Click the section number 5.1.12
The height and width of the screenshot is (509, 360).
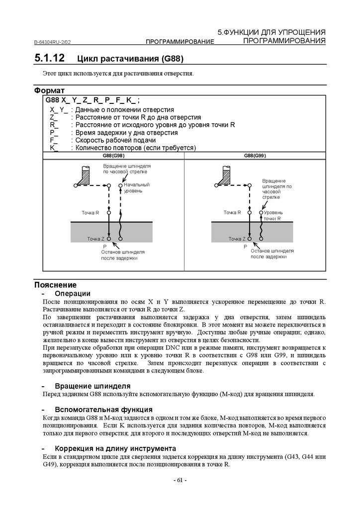pyautogui.click(x=49, y=58)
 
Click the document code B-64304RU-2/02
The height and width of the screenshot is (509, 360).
pyautogui.click(x=56, y=42)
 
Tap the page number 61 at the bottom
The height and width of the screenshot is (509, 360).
pyautogui.click(x=180, y=480)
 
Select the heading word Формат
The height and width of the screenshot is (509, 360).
pyautogui.click(x=49, y=91)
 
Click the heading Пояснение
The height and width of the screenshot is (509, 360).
pyautogui.click(x=55, y=285)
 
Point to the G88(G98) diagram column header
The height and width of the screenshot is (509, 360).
pyautogui.click(x=113, y=156)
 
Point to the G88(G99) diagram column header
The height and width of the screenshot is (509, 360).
pyautogui.click(x=255, y=156)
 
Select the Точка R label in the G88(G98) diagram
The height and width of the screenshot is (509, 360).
pyautogui.click(x=90, y=212)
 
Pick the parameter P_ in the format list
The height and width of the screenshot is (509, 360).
pyautogui.click(x=54, y=133)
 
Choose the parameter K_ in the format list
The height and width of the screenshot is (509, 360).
pyautogui.click(x=54, y=148)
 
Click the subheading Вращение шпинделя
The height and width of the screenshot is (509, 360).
pyautogui.click(x=92, y=386)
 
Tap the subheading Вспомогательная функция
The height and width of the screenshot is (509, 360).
pyautogui.click(x=103, y=410)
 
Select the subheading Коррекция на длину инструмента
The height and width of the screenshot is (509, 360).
pyautogui.click(x=115, y=448)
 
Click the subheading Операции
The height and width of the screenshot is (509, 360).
pyautogui.click(x=73, y=293)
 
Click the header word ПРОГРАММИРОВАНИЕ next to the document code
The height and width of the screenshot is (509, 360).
pyautogui.click(x=180, y=42)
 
